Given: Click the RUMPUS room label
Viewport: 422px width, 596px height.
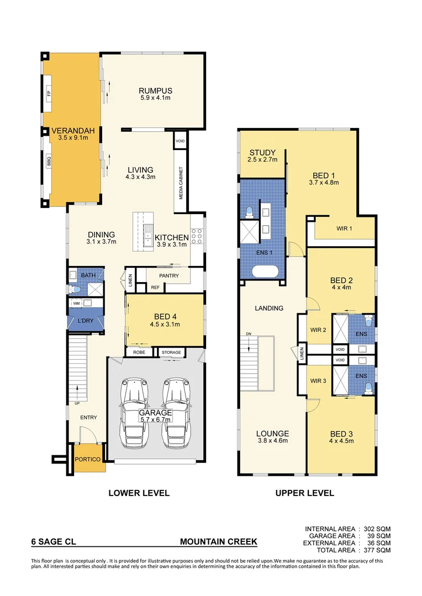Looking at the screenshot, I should pyautogui.click(x=155, y=91).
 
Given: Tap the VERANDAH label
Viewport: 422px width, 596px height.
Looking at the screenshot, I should pyautogui.click(x=73, y=131).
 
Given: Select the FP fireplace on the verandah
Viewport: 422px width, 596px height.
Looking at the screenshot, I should pyautogui.click(x=49, y=94).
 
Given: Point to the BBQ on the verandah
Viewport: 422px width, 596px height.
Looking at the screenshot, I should pyautogui.click(x=49, y=162).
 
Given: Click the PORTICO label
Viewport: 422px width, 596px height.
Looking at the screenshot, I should pyautogui.click(x=89, y=460).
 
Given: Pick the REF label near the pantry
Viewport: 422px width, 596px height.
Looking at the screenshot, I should pyautogui.click(x=155, y=287).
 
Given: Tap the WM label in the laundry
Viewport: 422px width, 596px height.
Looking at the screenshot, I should pyautogui.click(x=76, y=303).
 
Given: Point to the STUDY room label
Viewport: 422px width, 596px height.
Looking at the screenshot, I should pyautogui.click(x=262, y=153).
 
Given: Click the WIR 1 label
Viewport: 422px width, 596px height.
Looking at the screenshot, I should pyautogui.click(x=345, y=228).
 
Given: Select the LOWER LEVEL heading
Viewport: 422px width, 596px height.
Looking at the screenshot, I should pyautogui.click(x=139, y=493).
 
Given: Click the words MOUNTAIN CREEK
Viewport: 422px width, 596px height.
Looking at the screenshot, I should pyautogui.click(x=218, y=542).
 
